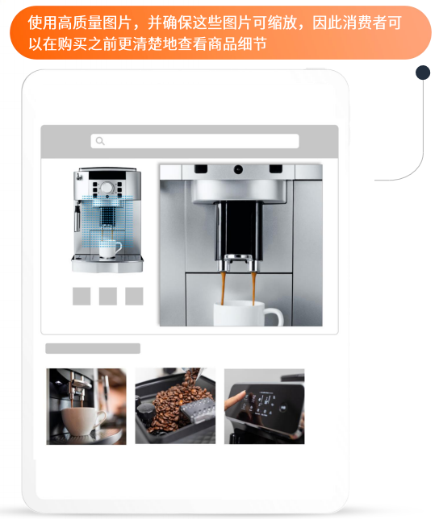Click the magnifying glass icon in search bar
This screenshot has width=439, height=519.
[100, 141]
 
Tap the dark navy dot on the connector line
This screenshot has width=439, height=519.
[422, 73]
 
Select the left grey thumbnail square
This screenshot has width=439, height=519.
[82, 296]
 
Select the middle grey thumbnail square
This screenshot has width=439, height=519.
[108, 296]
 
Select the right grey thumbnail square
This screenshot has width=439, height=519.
[134, 296]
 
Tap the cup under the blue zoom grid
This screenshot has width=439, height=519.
[110, 247]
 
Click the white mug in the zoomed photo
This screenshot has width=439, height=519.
[246, 314]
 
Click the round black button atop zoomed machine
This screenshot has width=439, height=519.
[238, 169]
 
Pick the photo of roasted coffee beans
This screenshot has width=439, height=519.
[175, 406]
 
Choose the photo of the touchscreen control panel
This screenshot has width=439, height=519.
[264, 406]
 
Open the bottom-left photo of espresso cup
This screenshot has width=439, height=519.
[86, 406]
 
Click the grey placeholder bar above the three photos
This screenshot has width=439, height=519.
[93, 348]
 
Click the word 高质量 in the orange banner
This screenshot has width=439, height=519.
[82, 23]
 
